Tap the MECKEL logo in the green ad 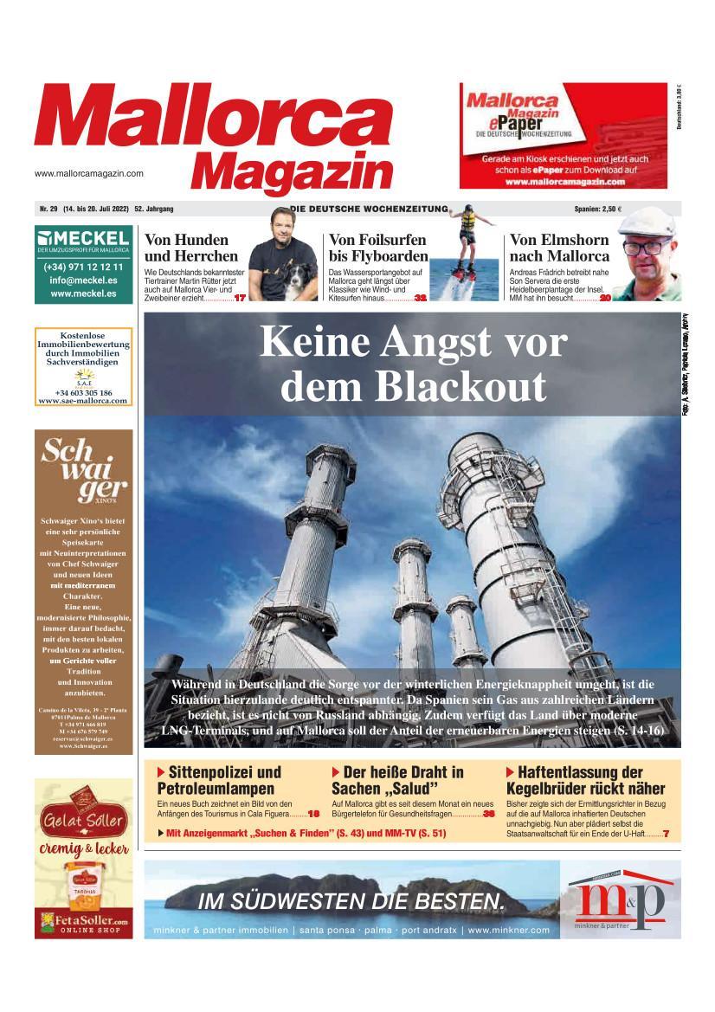tap(84, 237)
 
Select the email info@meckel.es tap(84, 280)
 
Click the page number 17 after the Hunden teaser tap(241, 298)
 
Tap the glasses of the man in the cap tap(647, 246)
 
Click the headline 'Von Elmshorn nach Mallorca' tap(559, 248)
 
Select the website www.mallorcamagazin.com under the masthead tap(89, 173)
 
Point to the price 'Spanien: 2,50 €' tap(597, 209)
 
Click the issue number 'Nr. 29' tap(48, 209)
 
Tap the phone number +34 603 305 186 tap(83, 393)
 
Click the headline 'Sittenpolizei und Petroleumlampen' tap(220, 780)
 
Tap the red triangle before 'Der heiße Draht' tap(336, 771)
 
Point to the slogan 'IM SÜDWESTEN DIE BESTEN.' tap(351, 901)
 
